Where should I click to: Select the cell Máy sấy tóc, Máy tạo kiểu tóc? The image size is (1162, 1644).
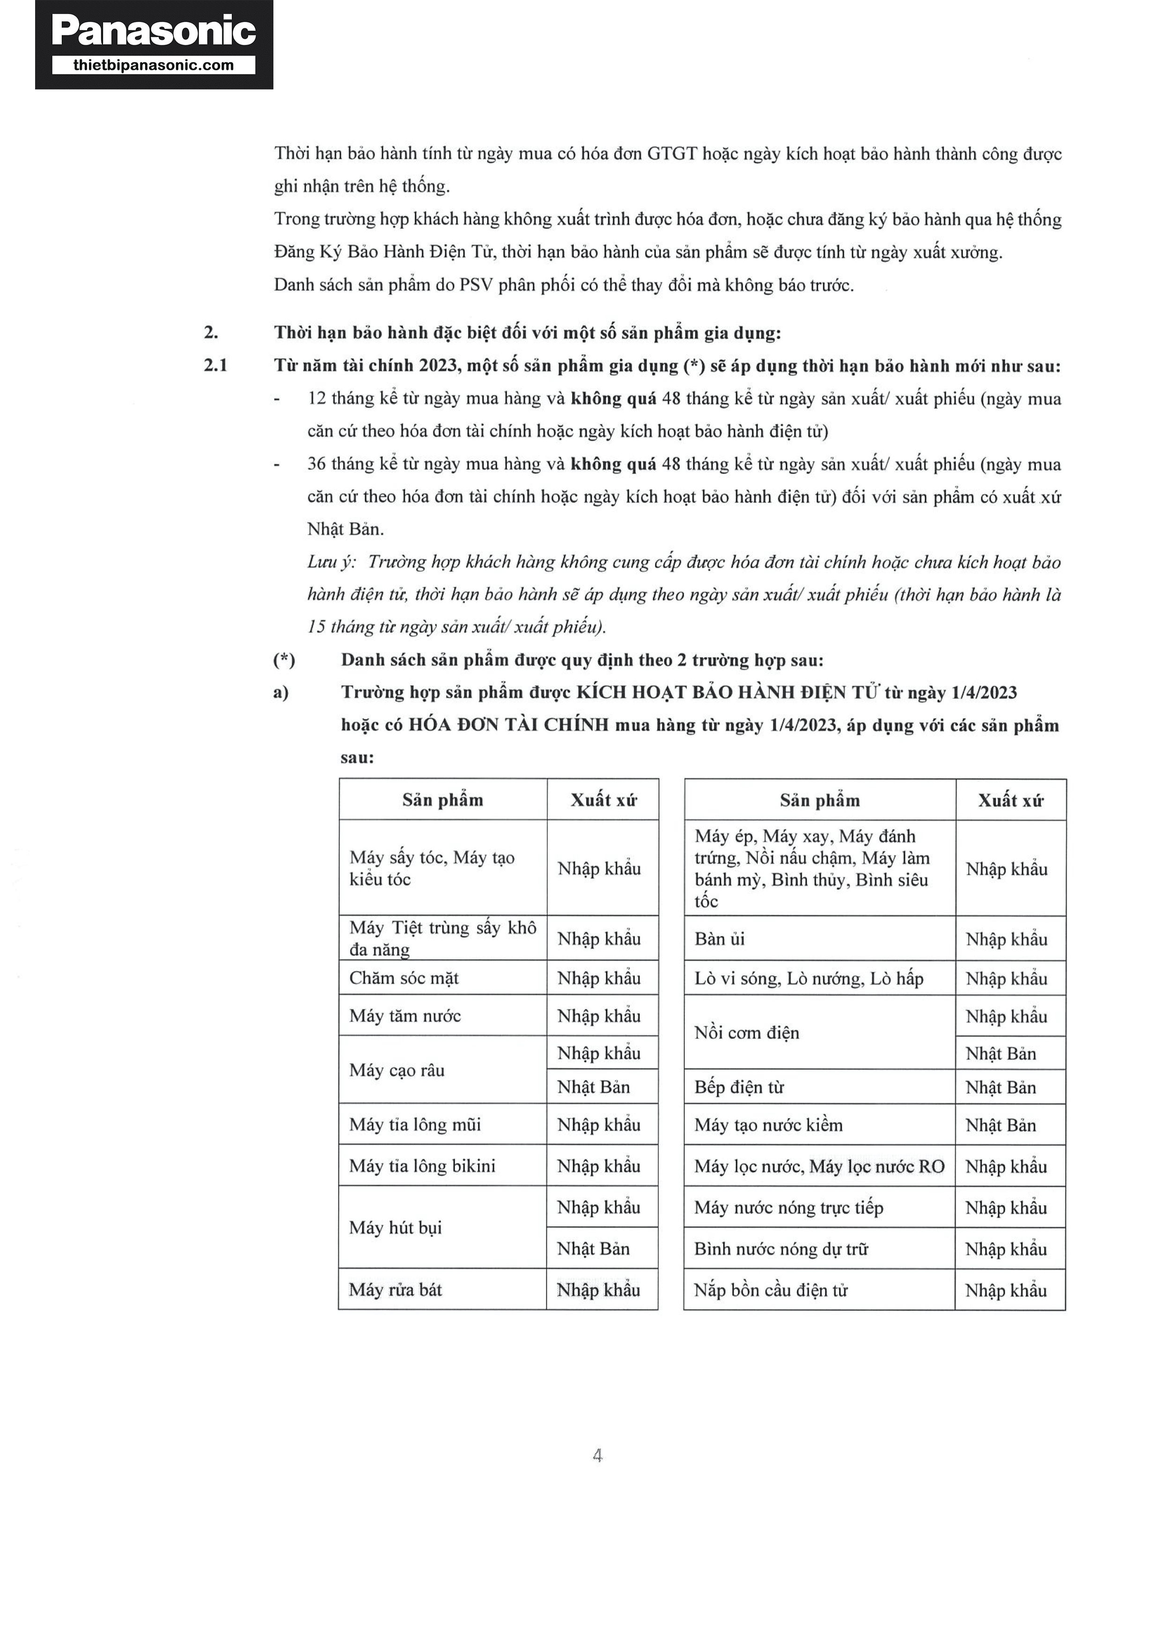(432, 868)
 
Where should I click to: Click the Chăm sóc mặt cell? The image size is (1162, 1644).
(404, 978)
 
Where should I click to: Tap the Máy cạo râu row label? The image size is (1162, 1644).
(397, 1070)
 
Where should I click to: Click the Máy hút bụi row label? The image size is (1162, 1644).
(396, 1227)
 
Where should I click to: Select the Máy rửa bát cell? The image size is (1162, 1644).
(396, 1289)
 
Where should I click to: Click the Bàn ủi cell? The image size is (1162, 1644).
(720, 939)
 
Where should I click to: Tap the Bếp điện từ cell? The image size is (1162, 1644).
(739, 1087)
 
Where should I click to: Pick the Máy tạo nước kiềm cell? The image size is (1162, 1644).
(768, 1125)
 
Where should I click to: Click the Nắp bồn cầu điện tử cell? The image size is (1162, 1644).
(771, 1290)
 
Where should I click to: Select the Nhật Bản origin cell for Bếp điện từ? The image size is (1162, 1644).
(1000, 1088)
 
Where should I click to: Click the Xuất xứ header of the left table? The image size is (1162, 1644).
(603, 800)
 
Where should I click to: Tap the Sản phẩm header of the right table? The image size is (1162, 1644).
(820, 800)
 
